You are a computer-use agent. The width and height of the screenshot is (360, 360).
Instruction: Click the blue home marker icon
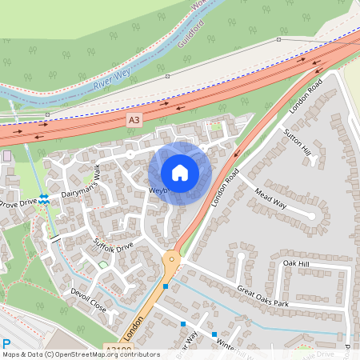(x=180, y=173)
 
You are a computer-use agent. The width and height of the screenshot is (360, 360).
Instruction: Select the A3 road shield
(x=134, y=119)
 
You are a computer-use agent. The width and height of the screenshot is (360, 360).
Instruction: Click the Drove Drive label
(x=18, y=204)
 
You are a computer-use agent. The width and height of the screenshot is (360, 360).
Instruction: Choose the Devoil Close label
(x=88, y=300)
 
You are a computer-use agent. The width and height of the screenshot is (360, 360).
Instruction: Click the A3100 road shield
(x=118, y=350)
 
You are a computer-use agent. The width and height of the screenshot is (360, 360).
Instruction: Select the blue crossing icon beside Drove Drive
(x=44, y=199)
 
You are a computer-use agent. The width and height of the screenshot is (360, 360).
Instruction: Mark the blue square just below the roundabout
(x=166, y=286)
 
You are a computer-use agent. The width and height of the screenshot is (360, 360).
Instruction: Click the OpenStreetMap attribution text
(x=70, y=354)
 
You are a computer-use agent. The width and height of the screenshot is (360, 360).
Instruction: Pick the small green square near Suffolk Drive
(x=102, y=265)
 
